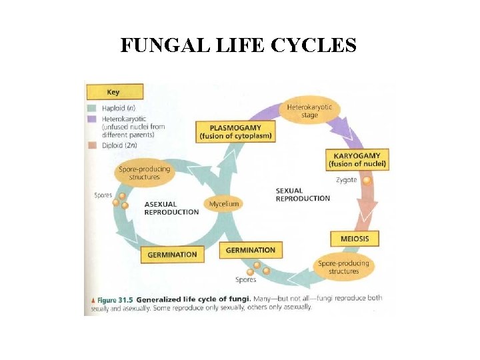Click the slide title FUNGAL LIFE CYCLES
pos(239,45)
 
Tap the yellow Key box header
pos(113,91)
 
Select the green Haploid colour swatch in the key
pos(93,108)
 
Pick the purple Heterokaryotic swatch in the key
pos(93,118)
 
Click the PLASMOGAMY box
pos(235,131)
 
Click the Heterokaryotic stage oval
pos(309,111)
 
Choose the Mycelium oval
pos(224,203)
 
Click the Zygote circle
pos(367,180)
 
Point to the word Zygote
pos(346,180)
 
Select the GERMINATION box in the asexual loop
pos(172,254)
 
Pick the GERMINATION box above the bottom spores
pos(250,250)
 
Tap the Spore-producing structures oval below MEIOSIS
pos(343,267)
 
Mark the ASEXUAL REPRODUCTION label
pos(171,208)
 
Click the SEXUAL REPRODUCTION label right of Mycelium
pos(303,194)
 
